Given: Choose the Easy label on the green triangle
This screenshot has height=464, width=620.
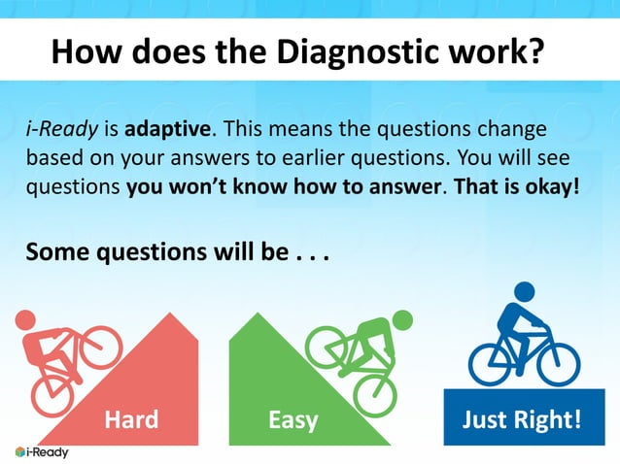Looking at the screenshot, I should click(x=293, y=420).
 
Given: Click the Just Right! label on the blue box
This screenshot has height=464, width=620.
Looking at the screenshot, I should click(x=521, y=420).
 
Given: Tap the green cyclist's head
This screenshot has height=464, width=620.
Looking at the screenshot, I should click(x=401, y=319).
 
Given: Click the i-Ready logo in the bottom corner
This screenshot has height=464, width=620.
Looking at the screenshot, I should click(x=42, y=452).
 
